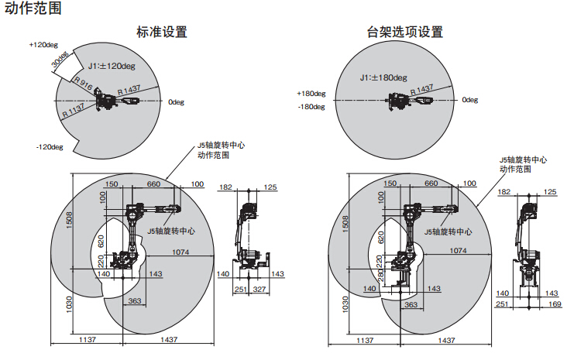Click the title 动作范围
[x=32, y=10]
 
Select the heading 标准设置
[x=161, y=33]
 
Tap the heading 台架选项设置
[x=405, y=33]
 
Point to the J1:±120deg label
[x=112, y=67]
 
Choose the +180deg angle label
[x=311, y=93]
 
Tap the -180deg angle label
[x=311, y=107]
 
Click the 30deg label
[x=60, y=59]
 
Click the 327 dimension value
[x=259, y=289]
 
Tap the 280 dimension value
[x=381, y=275]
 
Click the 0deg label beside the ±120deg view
[x=176, y=101]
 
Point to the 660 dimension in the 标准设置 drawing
[x=153, y=184]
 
